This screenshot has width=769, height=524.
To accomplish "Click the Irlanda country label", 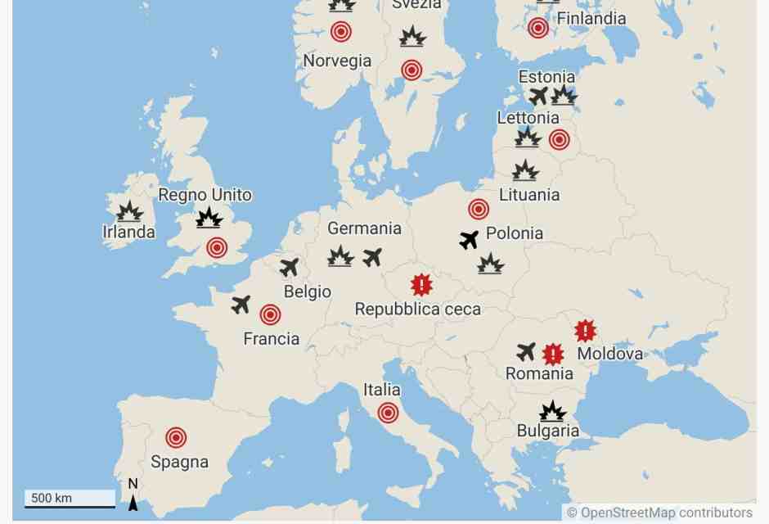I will (x=128, y=232).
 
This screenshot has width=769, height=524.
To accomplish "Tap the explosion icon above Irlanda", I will (x=129, y=212).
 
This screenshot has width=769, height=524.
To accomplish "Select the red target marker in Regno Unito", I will (x=217, y=247).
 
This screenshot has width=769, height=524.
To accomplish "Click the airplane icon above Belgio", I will (x=290, y=267).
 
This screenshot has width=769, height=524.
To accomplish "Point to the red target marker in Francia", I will (x=270, y=314).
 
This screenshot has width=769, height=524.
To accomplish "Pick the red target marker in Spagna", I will (x=176, y=437).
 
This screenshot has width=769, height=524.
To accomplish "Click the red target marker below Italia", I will (x=388, y=413).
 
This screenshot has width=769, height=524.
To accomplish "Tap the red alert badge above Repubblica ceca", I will (x=420, y=285).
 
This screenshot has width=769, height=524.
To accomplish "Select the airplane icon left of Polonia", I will (x=469, y=240).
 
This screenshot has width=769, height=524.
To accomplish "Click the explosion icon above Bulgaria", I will (x=552, y=411).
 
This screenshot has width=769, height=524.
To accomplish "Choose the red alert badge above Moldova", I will (x=585, y=331).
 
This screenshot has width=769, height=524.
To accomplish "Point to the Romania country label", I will (x=539, y=374).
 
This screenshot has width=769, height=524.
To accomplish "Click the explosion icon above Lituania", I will (x=525, y=171).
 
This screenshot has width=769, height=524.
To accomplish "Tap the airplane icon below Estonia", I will (x=538, y=97).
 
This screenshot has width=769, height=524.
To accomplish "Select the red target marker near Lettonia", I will (x=559, y=139).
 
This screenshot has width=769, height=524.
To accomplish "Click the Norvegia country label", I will (x=337, y=61).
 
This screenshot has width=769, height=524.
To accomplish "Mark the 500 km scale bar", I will (x=70, y=499).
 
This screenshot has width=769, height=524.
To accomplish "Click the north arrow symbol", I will (x=133, y=496).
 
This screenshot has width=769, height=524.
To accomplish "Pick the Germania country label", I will (x=364, y=228).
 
